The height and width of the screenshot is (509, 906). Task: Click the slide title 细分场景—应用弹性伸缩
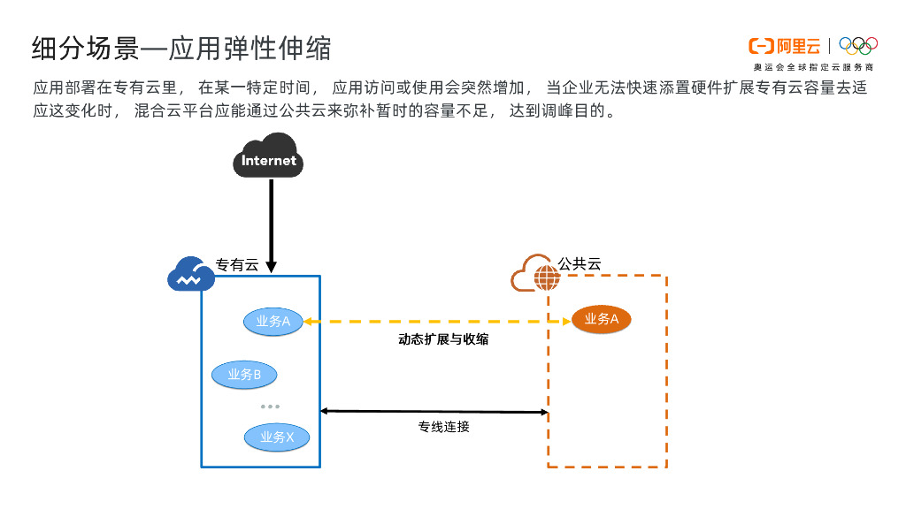pos(181,48)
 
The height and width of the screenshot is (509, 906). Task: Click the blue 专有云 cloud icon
pos(190,275)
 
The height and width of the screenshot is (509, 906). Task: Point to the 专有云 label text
pos(237,264)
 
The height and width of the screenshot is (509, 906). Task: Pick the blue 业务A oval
pos(273,322)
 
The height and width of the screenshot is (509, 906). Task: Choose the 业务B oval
pos(244,375)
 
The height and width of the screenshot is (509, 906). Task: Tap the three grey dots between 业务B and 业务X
pos(270,406)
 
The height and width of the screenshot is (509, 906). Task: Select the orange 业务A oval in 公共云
pos(602,319)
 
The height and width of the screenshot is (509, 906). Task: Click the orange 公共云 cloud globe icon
pos(535,274)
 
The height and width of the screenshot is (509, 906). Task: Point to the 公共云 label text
pos(580,263)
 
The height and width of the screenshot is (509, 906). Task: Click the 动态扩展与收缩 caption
pos(443,339)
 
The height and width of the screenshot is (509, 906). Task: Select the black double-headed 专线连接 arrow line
pos(434,411)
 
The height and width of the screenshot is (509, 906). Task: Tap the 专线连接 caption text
pos(443,427)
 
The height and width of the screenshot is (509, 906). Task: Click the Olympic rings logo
pos(857,45)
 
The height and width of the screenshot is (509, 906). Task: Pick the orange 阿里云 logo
pos(784,46)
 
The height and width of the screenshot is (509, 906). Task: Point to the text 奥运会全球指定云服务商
pos(813,67)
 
